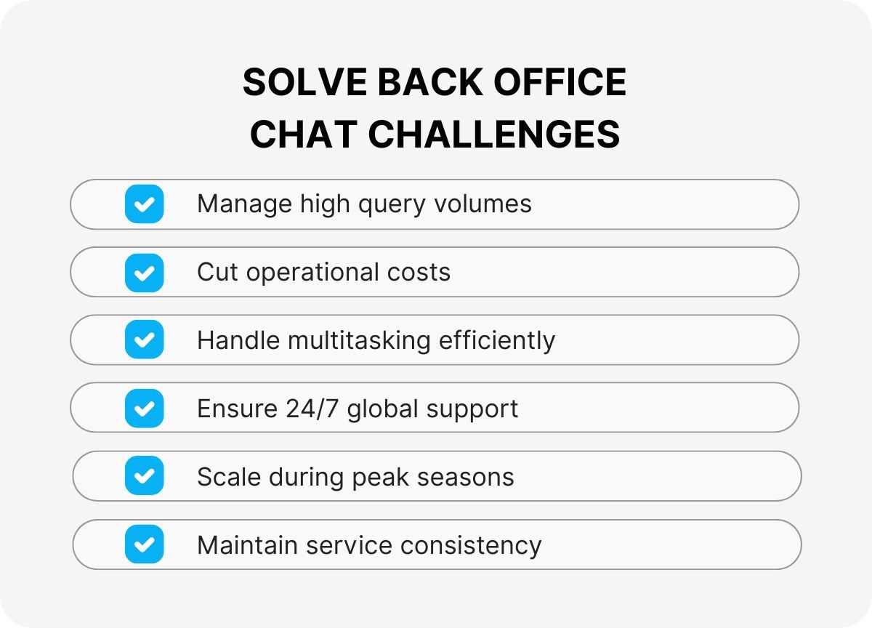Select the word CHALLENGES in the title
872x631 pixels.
(x=494, y=134)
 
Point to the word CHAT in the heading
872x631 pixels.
(x=304, y=134)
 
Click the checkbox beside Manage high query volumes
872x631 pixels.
(x=144, y=204)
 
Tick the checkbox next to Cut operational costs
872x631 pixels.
(x=144, y=273)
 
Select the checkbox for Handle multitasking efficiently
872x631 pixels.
(x=144, y=339)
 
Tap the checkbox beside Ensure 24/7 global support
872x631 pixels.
(x=144, y=409)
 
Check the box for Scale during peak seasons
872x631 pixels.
(x=144, y=475)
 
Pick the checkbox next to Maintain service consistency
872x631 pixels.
(x=144, y=544)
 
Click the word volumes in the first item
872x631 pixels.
(x=483, y=204)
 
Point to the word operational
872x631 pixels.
(x=312, y=273)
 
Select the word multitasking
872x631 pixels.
(x=359, y=341)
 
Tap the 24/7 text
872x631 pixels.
(x=312, y=409)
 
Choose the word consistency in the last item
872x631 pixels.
(x=471, y=546)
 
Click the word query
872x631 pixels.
(x=392, y=205)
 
